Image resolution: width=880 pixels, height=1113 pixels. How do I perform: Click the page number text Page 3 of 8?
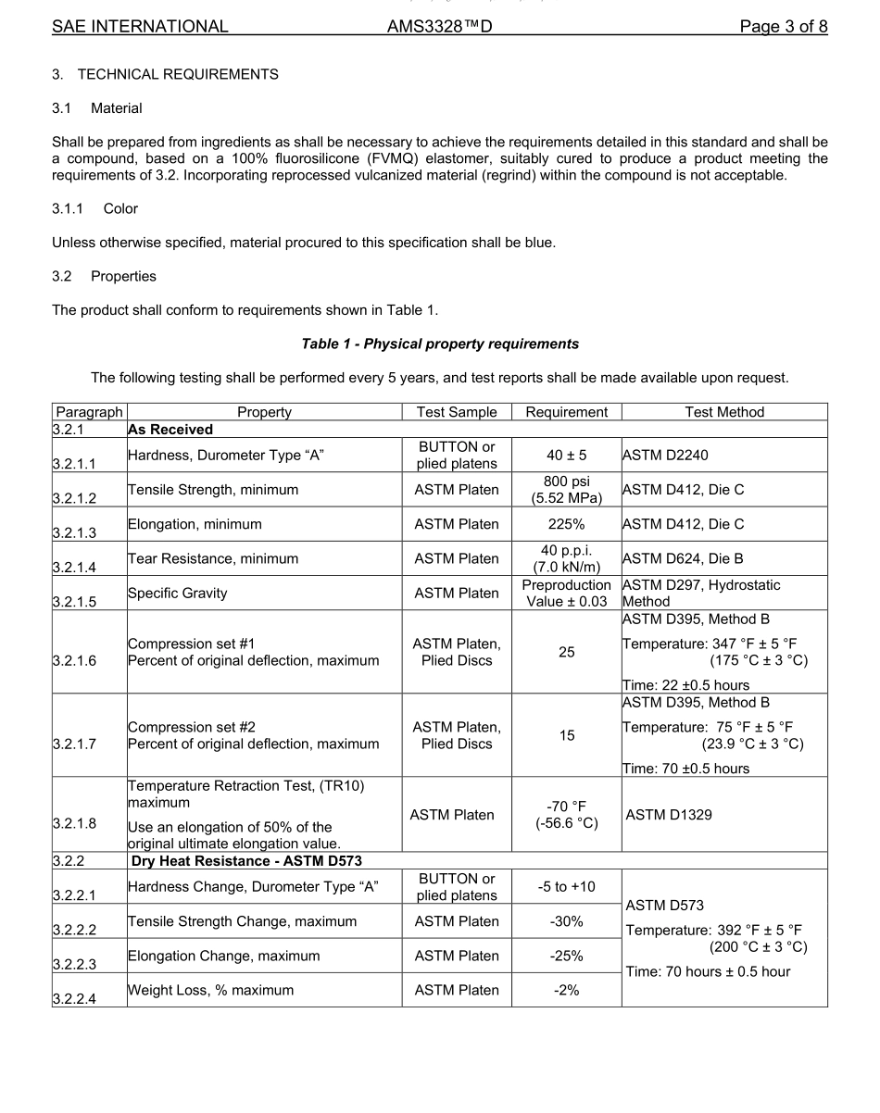point(783,26)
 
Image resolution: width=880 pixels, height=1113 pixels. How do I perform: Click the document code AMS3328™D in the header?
point(439,26)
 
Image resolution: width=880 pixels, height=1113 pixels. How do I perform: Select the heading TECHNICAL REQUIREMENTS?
point(177,74)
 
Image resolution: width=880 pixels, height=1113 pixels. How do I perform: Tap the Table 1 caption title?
point(440,344)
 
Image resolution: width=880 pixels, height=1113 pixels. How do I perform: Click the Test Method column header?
point(724,412)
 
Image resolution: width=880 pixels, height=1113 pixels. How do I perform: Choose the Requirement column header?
point(566,412)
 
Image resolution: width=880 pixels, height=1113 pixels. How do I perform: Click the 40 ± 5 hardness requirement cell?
point(566,456)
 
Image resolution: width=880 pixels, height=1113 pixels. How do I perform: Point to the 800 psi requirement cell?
point(566,490)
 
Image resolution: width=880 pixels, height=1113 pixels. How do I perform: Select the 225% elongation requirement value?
point(566,524)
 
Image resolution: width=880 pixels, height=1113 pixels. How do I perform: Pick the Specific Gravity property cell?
point(177,593)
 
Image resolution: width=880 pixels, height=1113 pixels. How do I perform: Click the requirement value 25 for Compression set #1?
point(566,652)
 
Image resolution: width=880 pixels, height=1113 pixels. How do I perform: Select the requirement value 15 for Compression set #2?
point(566,735)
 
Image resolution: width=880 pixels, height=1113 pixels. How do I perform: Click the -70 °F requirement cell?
point(566,815)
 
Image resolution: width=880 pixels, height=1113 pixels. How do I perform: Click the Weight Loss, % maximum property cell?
point(210,990)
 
